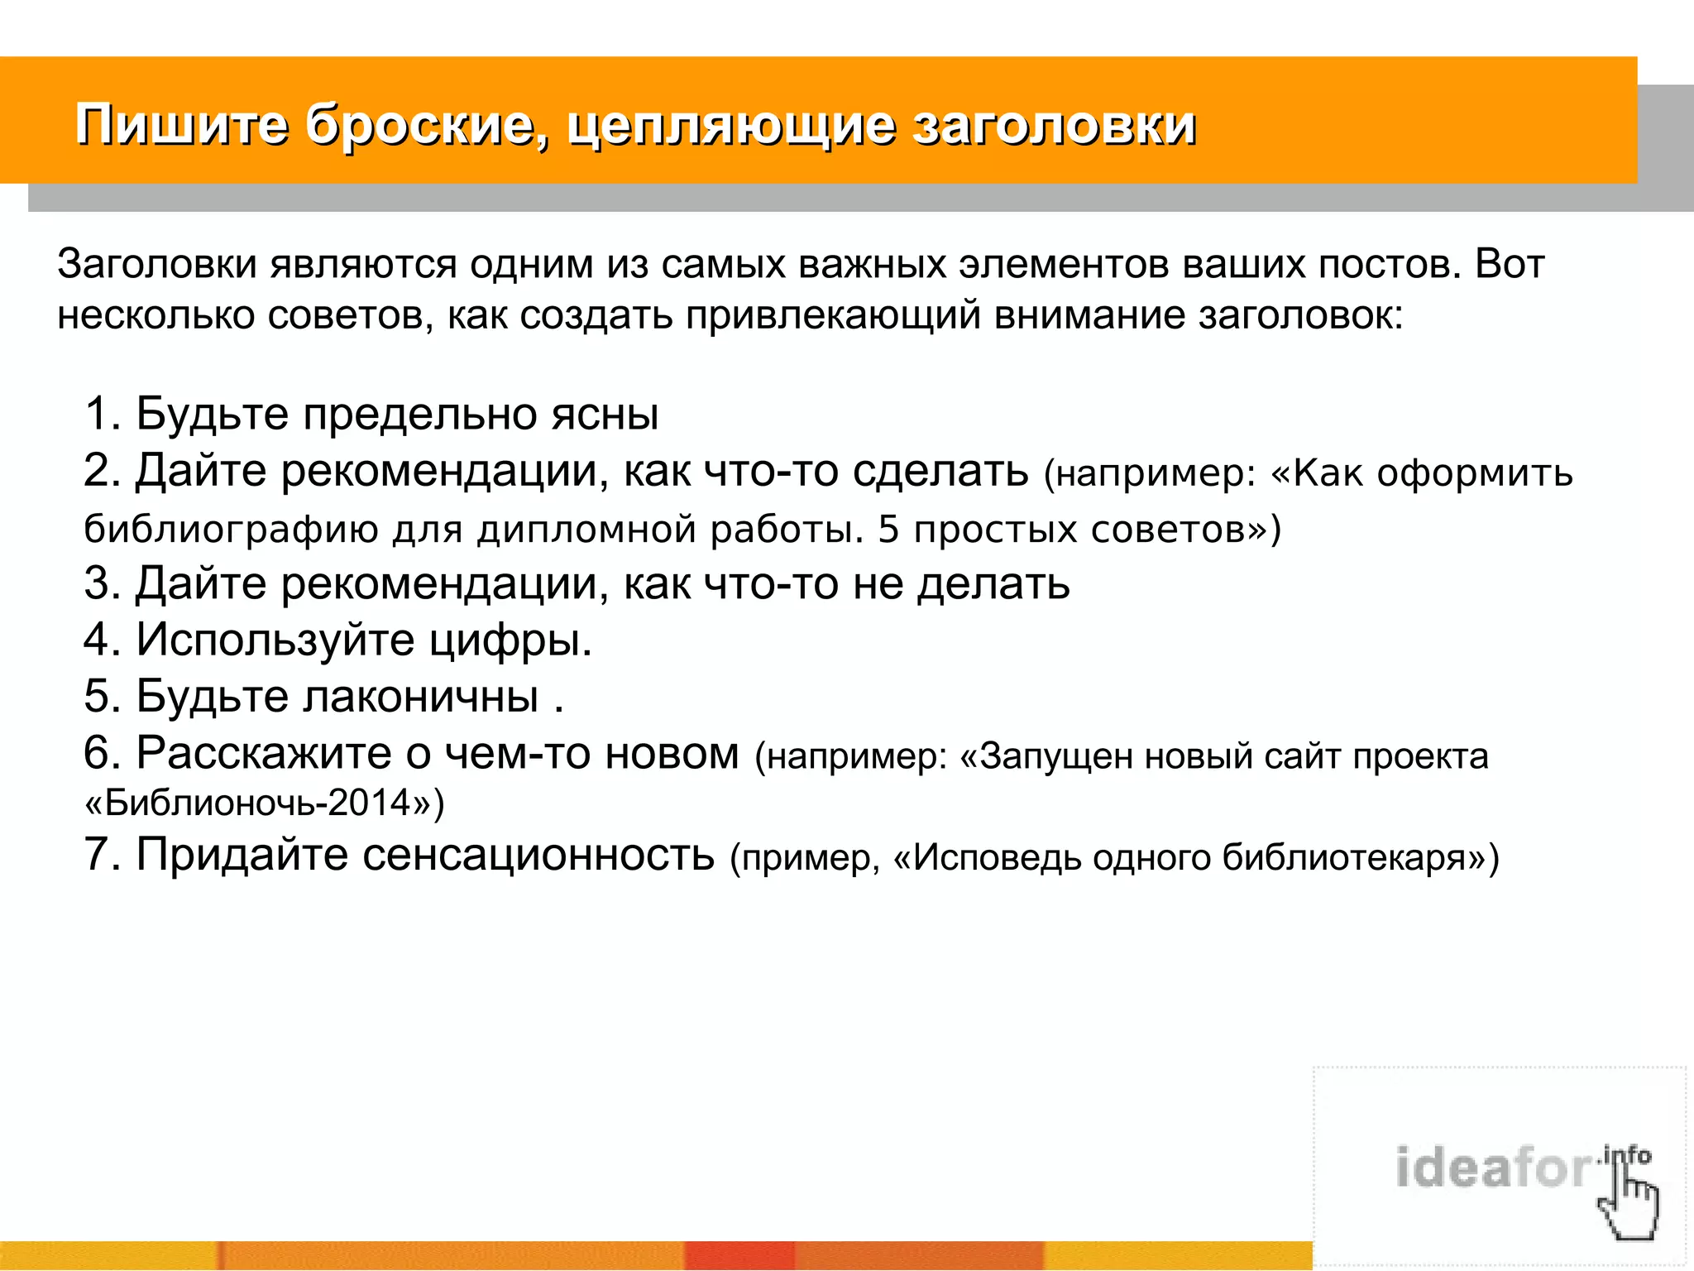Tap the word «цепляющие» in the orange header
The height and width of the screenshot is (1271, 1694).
coord(732,126)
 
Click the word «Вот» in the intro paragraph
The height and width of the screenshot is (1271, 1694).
coord(1510,265)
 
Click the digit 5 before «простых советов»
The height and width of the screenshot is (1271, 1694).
coord(888,530)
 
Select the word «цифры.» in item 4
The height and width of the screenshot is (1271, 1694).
coord(510,640)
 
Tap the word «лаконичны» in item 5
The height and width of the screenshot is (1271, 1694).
coord(420,696)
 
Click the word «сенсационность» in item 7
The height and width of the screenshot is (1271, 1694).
coord(538,854)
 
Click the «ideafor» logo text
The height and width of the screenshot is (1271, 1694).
coord(1493,1168)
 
